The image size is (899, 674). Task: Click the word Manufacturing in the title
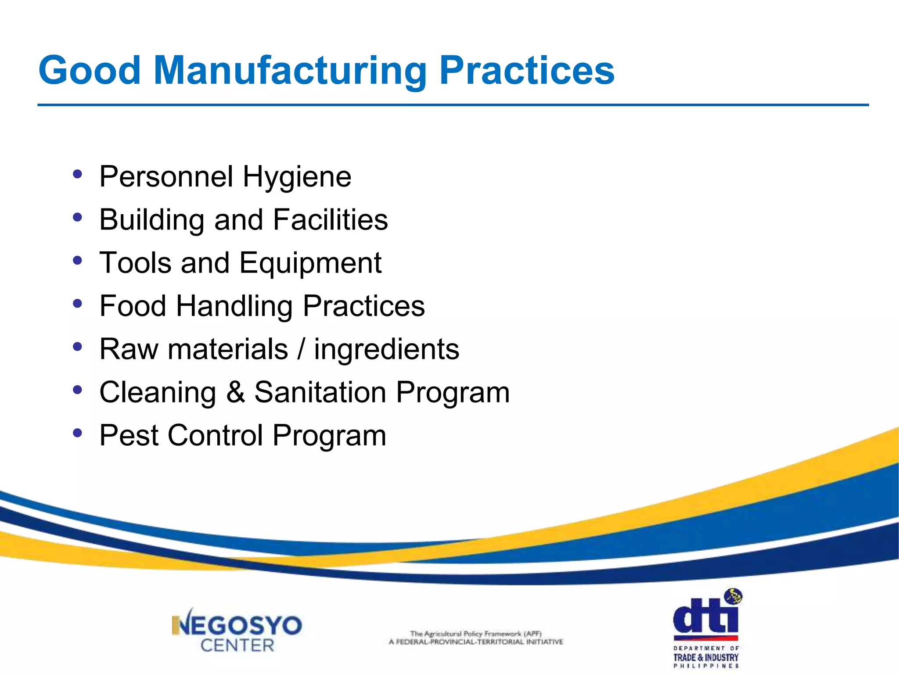pos(290,71)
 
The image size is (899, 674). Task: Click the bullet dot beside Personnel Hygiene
pos(78,174)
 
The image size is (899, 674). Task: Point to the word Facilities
pos(331,219)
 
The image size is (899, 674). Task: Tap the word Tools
pos(135,263)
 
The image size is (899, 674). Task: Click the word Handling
pos(234,306)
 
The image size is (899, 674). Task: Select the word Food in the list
pos(133,306)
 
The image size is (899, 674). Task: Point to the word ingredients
pos(386,350)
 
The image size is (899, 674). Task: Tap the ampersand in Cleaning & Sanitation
pos(235,392)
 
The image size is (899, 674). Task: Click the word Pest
pos(129,435)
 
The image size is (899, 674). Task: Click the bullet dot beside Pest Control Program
pos(78,433)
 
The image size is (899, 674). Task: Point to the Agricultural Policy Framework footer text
pos(476,638)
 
